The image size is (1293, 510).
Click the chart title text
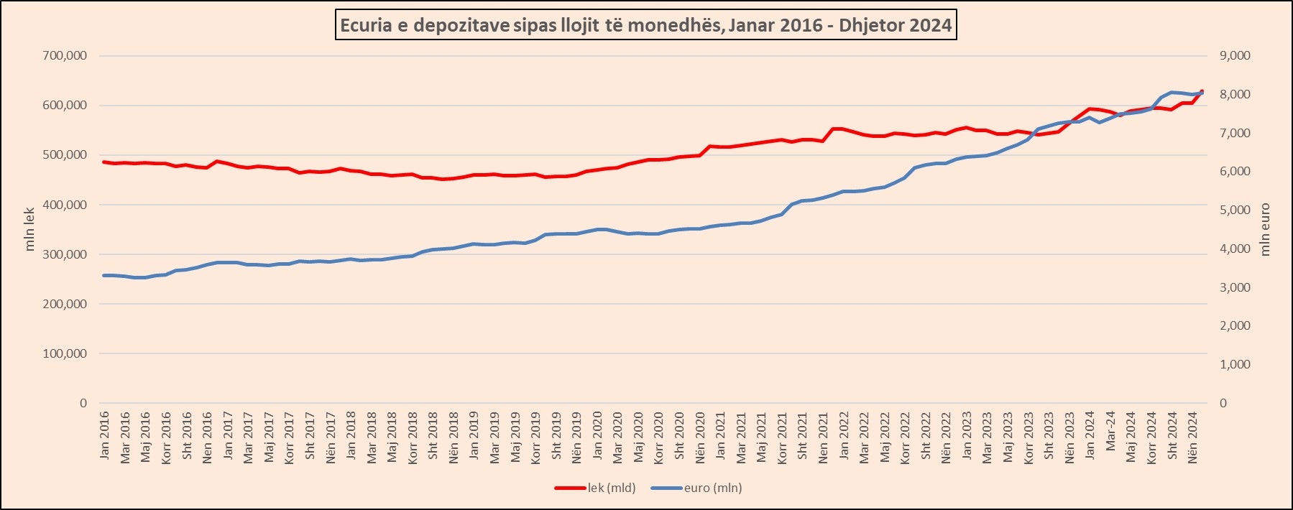[x=645, y=26]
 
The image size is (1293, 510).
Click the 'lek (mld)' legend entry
[x=611, y=488]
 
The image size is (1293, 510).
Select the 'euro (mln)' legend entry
[x=712, y=488]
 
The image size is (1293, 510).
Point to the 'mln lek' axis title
[x=29, y=229]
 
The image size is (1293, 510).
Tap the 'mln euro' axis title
[x=1265, y=229]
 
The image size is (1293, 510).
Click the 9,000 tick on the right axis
[x=1235, y=55]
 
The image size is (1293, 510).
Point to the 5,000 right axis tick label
[x=1235, y=210]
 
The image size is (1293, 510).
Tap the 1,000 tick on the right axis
[x=1235, y=364]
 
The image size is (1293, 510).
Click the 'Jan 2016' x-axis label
[x=105, y=435]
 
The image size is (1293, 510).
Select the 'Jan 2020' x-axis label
[x=597, y=435]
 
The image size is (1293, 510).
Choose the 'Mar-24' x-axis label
[x=1110, y=431]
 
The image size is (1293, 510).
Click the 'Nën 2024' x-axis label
[x=1193, y=435]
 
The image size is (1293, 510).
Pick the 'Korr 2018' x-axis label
[x=413, y=437]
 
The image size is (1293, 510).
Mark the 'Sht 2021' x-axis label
[x=803, y=435]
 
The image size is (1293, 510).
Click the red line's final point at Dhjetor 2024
[x=1202, y=91]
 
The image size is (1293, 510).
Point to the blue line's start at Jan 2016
[x=104, y=275]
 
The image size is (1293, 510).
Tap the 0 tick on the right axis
[x=1223, y=403]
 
